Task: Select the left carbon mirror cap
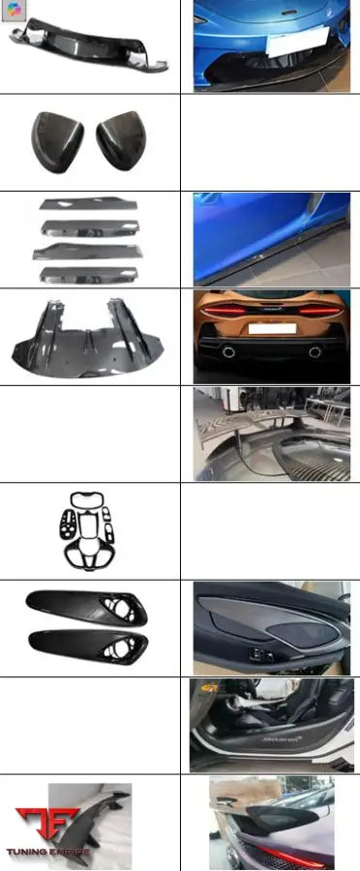[59, 138]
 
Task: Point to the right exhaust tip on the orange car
[315, 351]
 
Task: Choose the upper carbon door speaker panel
[89, 607]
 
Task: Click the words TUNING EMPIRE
[48, 854]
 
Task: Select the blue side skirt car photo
[271, 239]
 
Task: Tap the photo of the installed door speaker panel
[271, 627]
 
